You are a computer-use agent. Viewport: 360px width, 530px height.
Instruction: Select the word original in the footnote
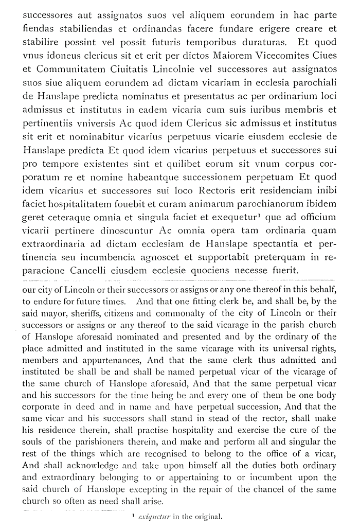click(x=207, y=519)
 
